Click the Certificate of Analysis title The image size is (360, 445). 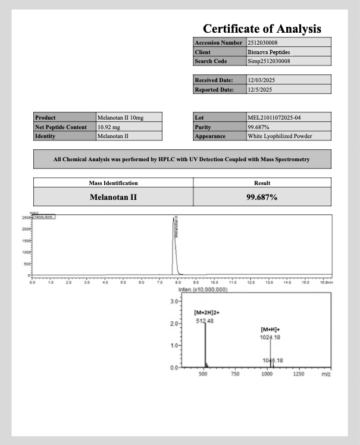[262, 29]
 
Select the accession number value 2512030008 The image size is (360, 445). [263, 43]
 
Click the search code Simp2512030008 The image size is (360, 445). [269, 61]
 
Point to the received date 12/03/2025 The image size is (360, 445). [261, 80]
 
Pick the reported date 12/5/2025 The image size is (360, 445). [260, 90]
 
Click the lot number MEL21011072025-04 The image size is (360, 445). [274, 118]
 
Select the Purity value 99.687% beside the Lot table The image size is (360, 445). [259, 127]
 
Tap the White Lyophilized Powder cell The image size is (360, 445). [280, 136]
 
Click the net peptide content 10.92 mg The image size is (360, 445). [109, 127]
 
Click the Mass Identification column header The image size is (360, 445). [113, 183]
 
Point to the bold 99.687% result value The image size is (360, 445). [262, 197]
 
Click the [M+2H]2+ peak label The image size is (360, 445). [206, 312]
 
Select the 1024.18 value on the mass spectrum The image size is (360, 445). [271, 337]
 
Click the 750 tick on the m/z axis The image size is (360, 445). [235, 374]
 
